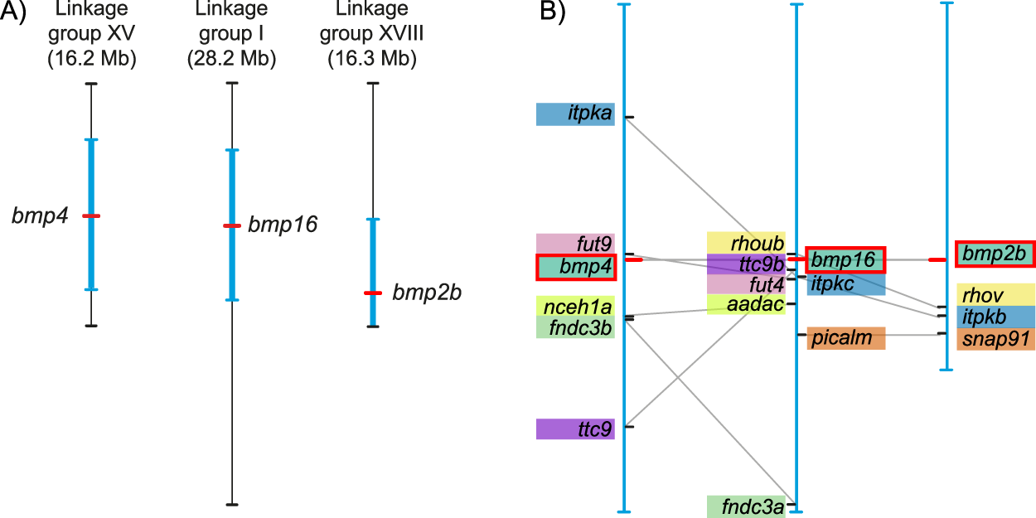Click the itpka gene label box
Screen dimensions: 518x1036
pos(575,114)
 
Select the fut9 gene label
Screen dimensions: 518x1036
pos(575,244)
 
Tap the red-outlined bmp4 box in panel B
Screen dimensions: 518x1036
pos(575,266)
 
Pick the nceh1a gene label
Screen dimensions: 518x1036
pos(575,306)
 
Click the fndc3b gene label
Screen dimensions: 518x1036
pos(575,327)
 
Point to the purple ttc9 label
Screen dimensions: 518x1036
pos(575,429)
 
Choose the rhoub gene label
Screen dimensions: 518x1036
pos(746,243)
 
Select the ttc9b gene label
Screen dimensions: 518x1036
pos(746,264)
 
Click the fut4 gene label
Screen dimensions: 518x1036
pos(746,284)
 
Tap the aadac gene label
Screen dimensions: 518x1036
pos(746,304)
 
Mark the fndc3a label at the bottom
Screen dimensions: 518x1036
pos(746,506)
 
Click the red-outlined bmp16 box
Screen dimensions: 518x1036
pos(845,259)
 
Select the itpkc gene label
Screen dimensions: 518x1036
pos(845,284)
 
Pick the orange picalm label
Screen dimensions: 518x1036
pos(846,338)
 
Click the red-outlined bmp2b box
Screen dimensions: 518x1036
pos(995,254)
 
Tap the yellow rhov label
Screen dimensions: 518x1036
pos(995,295)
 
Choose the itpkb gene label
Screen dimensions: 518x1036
pos(995,317)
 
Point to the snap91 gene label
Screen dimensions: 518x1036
pos(995,339)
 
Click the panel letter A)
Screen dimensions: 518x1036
pos(16,15)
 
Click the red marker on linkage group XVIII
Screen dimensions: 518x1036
pos(372,293)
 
